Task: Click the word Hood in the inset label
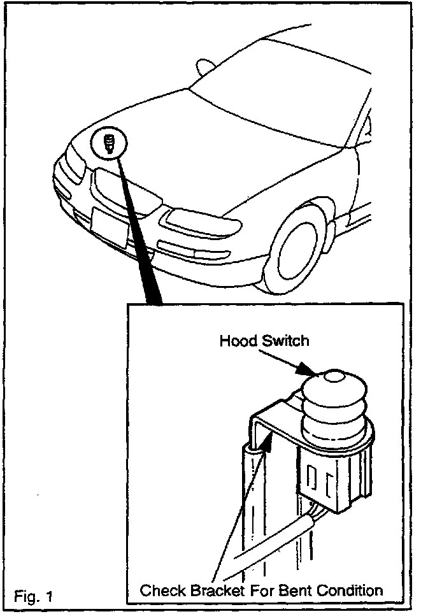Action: click(x=235, y=341)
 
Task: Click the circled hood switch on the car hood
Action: click(x=109, y=143)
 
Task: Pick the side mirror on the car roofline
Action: click(x=206, y=66)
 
